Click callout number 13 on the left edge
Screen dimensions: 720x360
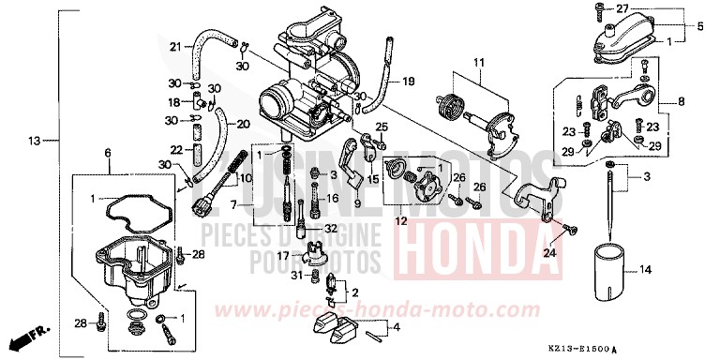[x=35, y=142]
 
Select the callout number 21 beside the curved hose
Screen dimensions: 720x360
[x=175, y=47]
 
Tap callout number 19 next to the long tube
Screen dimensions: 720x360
[x=408, y=82]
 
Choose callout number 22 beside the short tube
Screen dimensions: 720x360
[x=173, y=149]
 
